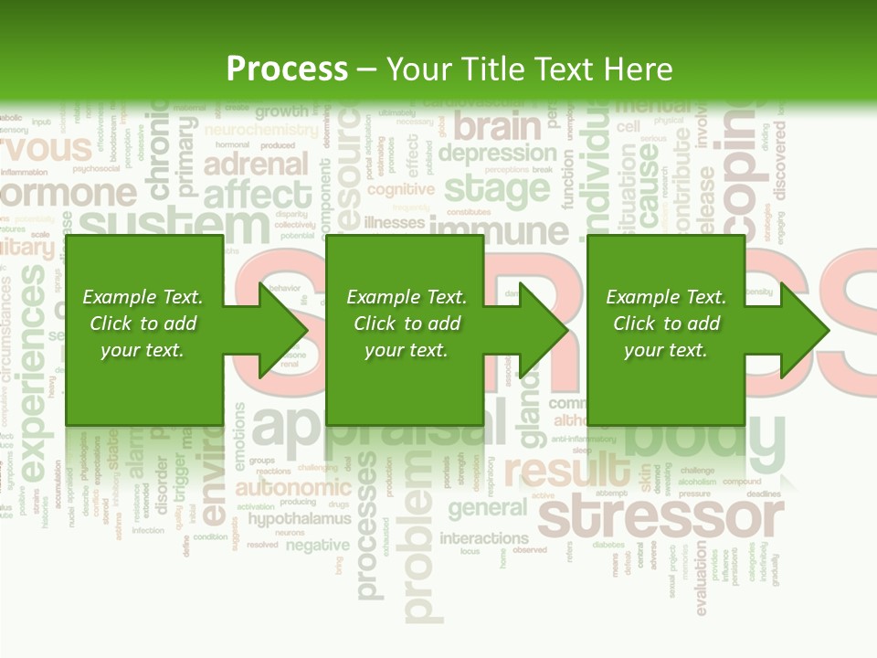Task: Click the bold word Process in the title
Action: tap(287, 69)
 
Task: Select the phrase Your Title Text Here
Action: tap(530, 69)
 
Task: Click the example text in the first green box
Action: tap(143, 324)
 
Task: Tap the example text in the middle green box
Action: tap(407, 324)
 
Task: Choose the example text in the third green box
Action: tap(666, 324)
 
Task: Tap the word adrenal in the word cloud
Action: tap(256, 164)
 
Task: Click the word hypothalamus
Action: tap(300, 519)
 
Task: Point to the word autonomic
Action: tap(292, 487)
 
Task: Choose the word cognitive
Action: tap(400, 189)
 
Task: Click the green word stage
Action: tap(496, 189)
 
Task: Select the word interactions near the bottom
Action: tap(483, 537)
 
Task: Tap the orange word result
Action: tap(566, 472)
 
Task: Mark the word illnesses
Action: tap(394, 222)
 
